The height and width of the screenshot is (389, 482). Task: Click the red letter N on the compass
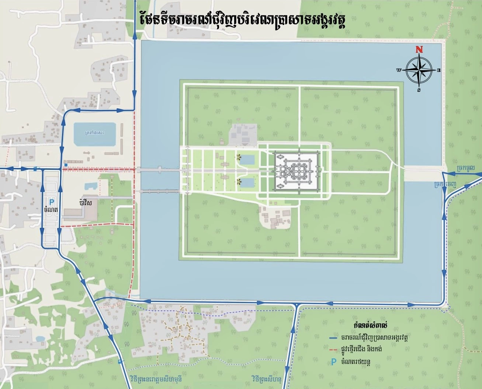click(419, 49)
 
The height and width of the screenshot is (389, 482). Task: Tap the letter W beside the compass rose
click(399, 70)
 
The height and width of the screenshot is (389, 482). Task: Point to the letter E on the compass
click(438, 70)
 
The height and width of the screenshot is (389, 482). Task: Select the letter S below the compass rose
click(419, 90)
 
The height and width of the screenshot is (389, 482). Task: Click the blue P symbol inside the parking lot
click(52, 201)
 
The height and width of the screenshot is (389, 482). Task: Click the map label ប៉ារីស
click(85, 203)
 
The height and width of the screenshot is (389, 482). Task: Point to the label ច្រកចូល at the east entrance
click(465, 168)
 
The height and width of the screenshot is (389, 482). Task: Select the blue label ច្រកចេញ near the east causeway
click(445, 183)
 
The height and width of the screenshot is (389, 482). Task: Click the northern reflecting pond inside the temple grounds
click(246, 160)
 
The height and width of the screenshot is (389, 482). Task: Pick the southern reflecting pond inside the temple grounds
click(246, 183)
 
